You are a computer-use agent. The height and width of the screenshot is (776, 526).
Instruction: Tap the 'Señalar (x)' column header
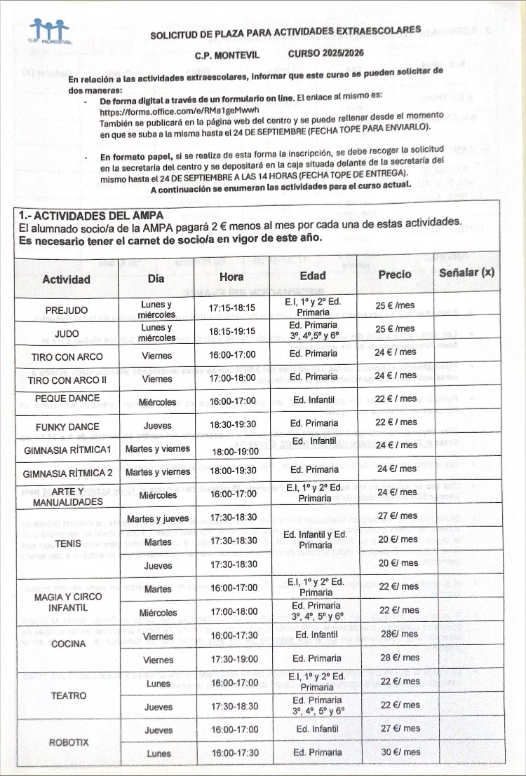(466, 273)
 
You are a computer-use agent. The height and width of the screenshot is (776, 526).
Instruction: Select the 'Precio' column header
(395, 275)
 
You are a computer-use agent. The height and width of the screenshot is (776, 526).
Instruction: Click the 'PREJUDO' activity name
(67, 310)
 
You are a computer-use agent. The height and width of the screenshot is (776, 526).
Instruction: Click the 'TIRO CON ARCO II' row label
(66, 380)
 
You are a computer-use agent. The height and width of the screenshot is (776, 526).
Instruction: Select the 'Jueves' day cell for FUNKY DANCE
(157, 425)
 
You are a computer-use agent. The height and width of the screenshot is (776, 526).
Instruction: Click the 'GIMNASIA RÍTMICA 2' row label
(67, 473)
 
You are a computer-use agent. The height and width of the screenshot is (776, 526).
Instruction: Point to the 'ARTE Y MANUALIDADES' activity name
(67, 496)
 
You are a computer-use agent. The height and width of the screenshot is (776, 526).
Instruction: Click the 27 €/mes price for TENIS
(398, 516)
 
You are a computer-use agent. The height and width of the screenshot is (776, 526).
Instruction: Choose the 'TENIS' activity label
(67, 543)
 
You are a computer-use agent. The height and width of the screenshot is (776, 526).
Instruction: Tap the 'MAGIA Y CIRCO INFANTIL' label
(67, 602)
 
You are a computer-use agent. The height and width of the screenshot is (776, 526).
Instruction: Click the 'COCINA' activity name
(67, 644)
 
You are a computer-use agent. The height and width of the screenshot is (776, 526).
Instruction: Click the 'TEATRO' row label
(69, 695)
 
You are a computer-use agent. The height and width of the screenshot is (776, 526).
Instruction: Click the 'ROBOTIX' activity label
(69, 742)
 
